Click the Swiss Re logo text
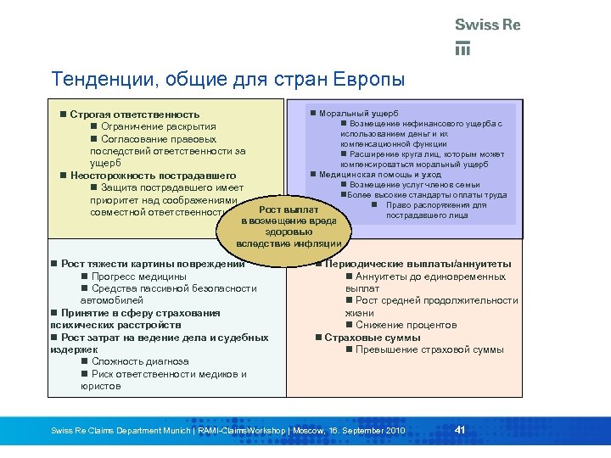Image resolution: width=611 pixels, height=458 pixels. point(487,25)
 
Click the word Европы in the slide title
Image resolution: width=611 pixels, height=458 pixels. point(367,80)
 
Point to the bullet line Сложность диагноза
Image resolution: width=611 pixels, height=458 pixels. point(140,361)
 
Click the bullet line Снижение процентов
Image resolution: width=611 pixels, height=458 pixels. point(406,325)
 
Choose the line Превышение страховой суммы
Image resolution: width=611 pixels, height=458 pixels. point(429,349)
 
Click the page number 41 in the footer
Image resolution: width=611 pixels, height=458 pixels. point(460,429)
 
